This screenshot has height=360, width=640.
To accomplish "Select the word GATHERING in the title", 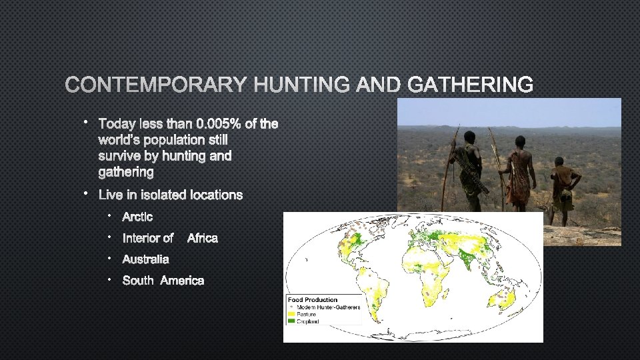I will point(470,85).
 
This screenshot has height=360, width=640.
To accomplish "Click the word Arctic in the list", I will point(137,217).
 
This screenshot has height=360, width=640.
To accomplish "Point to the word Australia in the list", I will point(145,259).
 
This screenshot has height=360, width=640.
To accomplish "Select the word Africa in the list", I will point(202,238).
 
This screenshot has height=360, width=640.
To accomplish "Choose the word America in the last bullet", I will point(182,281).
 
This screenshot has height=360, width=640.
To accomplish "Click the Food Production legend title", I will point(313,300).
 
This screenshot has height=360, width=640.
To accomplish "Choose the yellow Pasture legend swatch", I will point(291,314).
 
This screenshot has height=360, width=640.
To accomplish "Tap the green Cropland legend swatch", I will point(291,321).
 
